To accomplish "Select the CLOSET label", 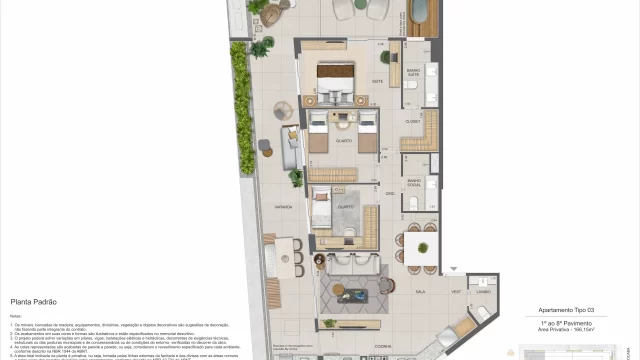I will (x=411, y=120).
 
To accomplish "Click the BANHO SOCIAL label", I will (x=413, y=182).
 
